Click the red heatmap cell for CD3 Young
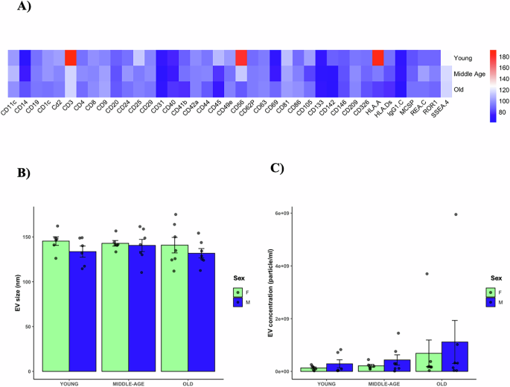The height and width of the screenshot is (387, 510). click(71, 57)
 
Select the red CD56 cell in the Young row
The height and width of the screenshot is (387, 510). click(241, 57)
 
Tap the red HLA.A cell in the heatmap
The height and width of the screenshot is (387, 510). click(377, 57)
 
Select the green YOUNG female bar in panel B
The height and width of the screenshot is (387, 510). click(56, 306)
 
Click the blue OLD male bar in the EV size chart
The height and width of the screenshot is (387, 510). click(201, 312)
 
